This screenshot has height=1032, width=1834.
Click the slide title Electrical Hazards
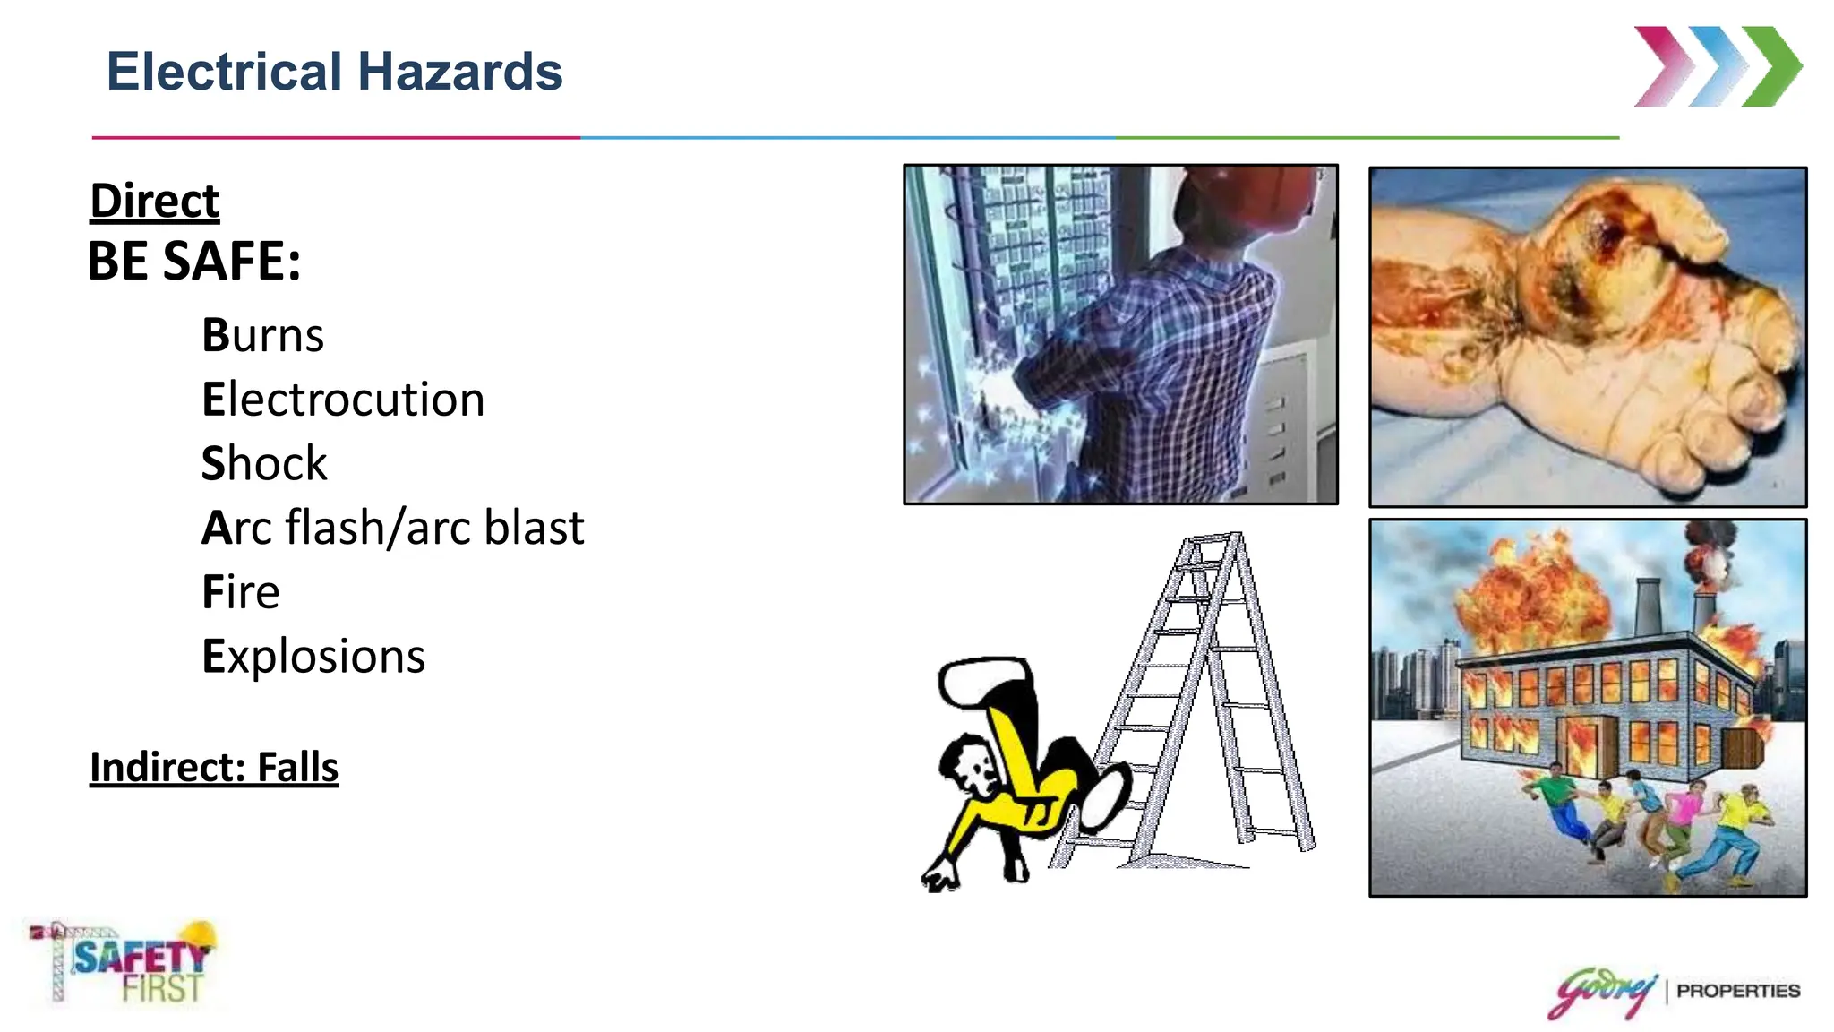coord(334,72)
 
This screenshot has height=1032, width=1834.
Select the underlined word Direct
coord(154,201)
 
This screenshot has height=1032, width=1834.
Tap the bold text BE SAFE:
coord(193,262)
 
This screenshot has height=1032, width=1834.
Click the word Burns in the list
coord(262,335)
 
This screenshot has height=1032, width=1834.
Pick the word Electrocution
coord(343,400)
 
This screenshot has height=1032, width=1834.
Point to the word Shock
coord(264,463)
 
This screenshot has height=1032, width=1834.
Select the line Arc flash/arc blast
coord(392,528)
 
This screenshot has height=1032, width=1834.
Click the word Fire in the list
coord(240,592)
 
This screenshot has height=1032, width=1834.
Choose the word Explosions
coord(313,657)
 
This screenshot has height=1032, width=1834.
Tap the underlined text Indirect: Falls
coord(214,768)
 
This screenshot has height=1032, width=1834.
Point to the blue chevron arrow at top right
coord(1717,67)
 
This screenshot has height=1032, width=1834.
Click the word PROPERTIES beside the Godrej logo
coord(1737,991)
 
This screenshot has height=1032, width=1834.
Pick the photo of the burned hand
coord(1588,337)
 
